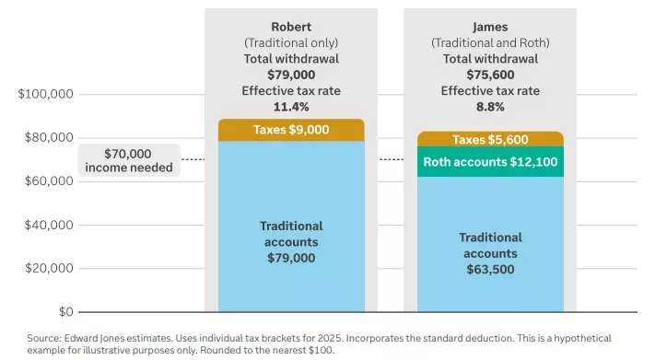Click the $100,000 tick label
coord(45,95)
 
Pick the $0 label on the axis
coord(65,312)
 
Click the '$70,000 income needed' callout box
coord(128,160)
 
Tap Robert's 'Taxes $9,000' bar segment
coord(291,130)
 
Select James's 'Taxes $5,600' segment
coord(490,139)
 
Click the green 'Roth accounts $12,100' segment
coord(490,162)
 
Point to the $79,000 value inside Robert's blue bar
coord(291,258)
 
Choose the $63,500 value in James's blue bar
coord(490,270)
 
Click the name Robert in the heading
coord(291,26)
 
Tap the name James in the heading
coord(490,26)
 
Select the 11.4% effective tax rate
coord(291,106)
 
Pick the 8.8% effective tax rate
coord(490,106)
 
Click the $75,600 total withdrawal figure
coord(490,74)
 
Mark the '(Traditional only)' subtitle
coord(291,41)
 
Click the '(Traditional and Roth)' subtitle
coord(490,41)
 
